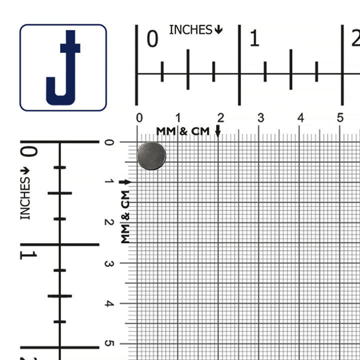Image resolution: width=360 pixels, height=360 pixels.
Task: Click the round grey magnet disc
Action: [x=151, y=156]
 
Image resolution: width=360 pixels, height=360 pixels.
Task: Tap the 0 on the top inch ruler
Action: [x=152, y=39]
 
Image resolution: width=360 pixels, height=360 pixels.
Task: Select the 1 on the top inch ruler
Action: [x=254, y=38]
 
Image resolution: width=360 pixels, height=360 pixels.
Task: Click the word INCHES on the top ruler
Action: [x=190, y=30]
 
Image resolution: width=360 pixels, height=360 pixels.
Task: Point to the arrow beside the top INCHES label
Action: [x=218, y=29]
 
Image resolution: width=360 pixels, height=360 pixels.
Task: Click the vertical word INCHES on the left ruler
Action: [x=25, y=198]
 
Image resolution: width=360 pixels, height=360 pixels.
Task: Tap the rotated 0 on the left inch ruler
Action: [x=29, y=152]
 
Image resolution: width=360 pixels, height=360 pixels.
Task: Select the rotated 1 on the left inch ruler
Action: [x=28, y=255]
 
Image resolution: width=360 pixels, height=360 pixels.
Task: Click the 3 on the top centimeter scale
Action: [x=261, y=118]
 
